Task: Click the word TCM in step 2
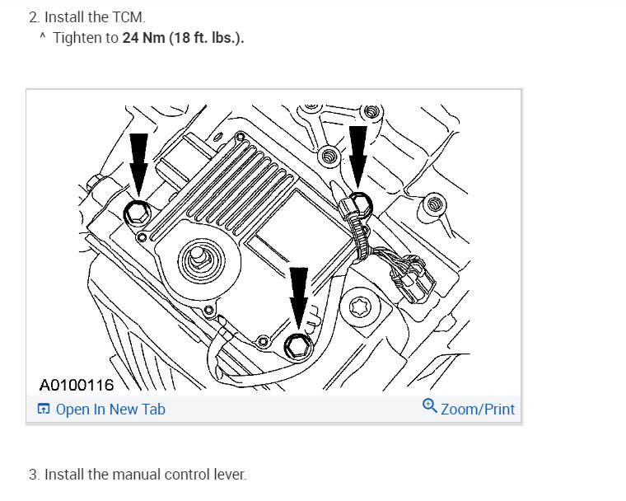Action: (127, 17)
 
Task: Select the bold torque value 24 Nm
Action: (143, 38)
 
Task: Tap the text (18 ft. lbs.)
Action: (207, 38)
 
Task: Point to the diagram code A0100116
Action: (77, 385)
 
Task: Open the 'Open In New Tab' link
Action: (110, 410)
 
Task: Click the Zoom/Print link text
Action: (478, 410)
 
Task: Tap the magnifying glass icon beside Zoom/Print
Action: (430, 405)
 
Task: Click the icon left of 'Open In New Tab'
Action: (44, 409)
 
